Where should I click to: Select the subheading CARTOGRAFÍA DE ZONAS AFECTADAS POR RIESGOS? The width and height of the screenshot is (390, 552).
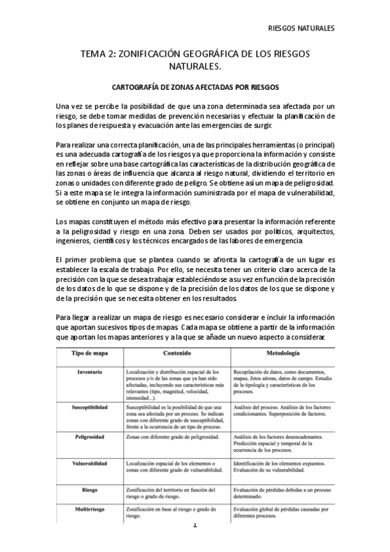click(x=195, y=86)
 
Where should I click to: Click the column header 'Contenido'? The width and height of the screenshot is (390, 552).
click(x=176, y=354)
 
